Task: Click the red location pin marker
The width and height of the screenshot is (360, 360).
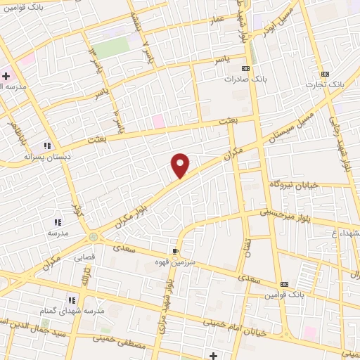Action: [181, 165]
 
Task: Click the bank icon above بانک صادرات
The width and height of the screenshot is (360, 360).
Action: [245, 69]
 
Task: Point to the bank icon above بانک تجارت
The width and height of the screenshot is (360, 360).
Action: [325, 74]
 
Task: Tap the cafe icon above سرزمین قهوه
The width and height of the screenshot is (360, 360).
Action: [174, 251]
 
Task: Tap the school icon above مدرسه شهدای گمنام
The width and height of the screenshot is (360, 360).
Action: [72, 300]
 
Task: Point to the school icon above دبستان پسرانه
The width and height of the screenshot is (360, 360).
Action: [49, 146]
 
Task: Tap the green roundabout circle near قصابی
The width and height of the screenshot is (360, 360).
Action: [94, 237]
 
